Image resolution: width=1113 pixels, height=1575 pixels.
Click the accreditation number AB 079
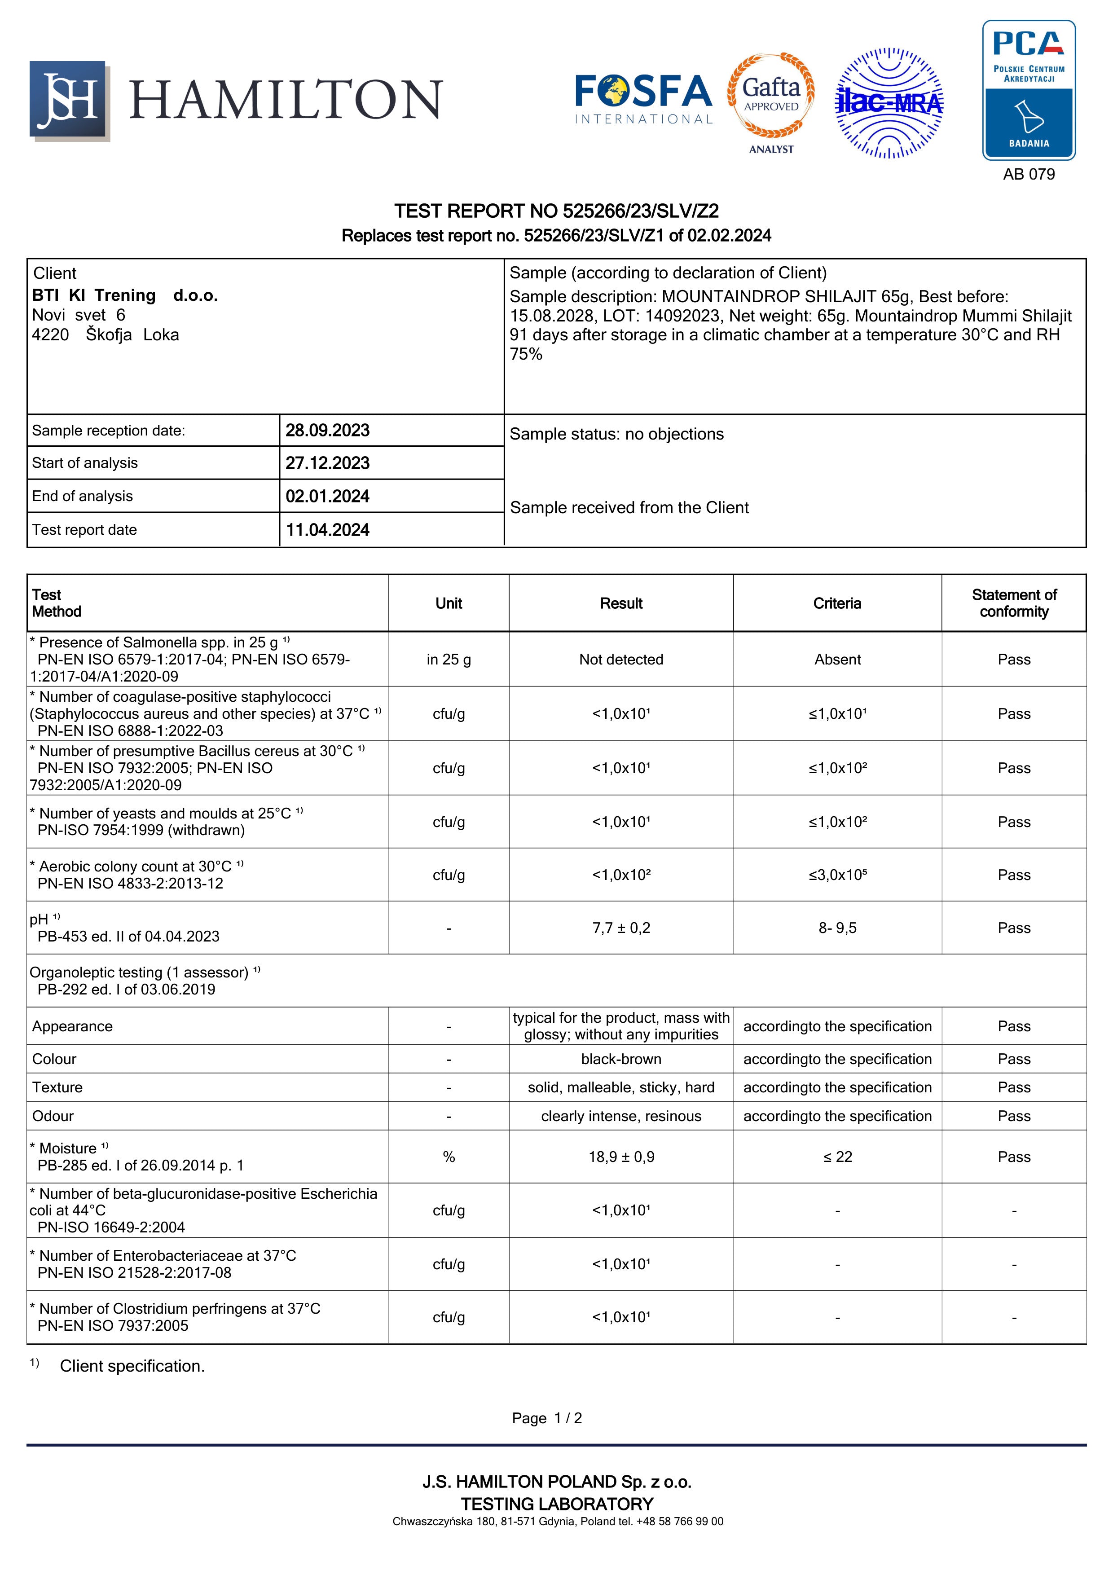1028,174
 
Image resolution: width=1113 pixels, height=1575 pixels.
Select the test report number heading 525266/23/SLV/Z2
556,211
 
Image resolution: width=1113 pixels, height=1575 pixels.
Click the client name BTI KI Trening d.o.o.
125,296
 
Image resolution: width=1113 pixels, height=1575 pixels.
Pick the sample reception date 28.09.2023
327,431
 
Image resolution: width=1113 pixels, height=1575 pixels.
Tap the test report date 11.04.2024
327,530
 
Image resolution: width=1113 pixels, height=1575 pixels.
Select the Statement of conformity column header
1014,604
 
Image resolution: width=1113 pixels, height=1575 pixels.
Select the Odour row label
53,1116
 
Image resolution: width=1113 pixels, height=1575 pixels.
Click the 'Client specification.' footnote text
132,1367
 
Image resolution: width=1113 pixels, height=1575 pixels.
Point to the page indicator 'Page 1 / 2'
546,1419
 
